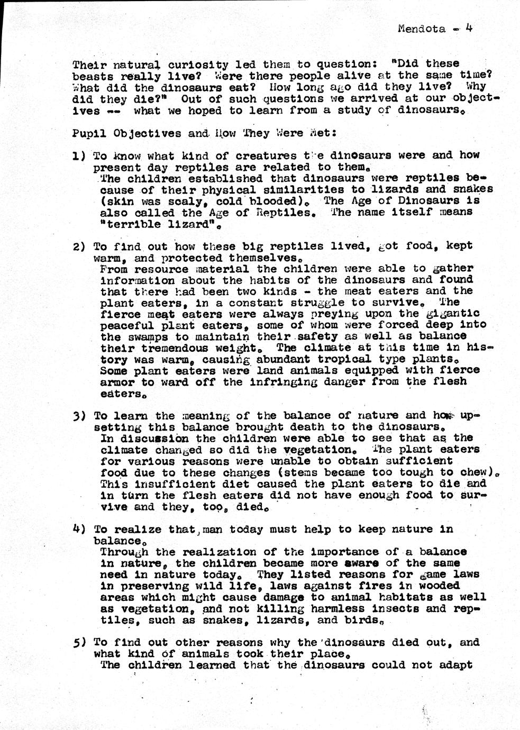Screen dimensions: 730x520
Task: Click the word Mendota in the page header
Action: click(421, 29)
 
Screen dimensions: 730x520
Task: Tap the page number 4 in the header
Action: click(468, 28)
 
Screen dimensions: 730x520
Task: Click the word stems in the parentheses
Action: click(303, 472)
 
